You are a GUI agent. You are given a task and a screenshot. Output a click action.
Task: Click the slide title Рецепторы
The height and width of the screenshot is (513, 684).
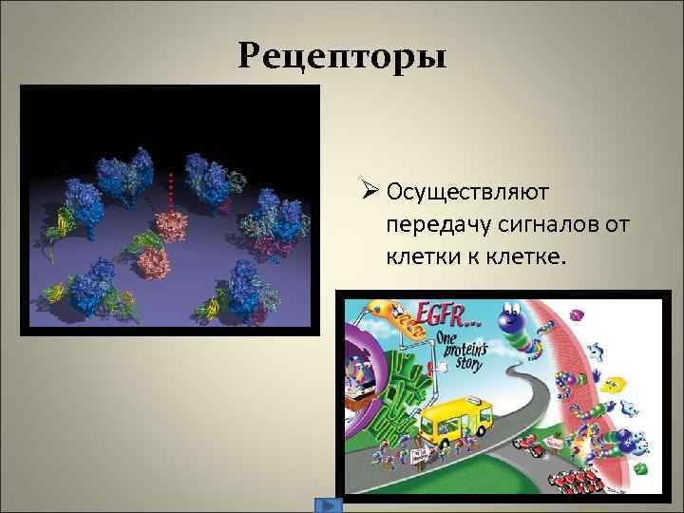(342, 57)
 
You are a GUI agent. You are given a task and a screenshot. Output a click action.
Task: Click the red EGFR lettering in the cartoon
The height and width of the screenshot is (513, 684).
(447, 315)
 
